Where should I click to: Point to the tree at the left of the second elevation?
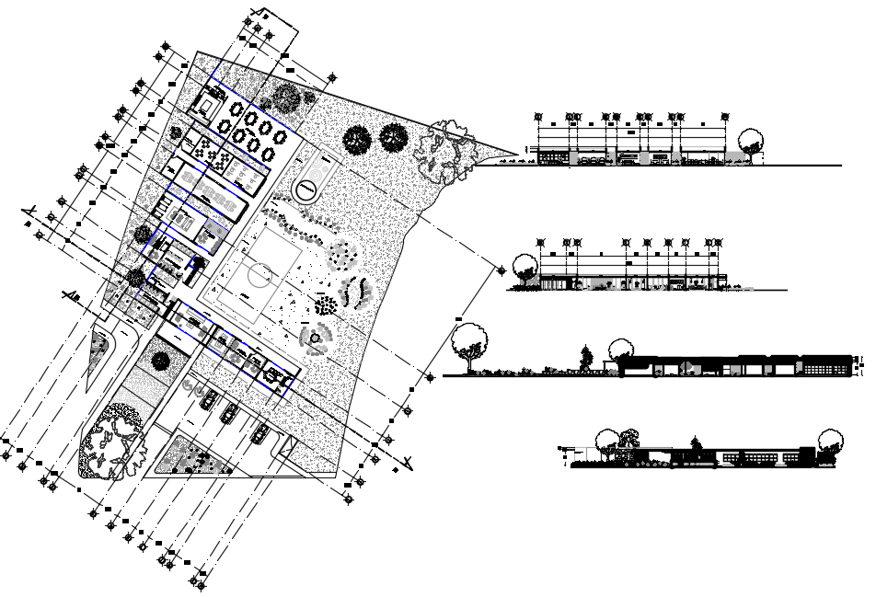524,267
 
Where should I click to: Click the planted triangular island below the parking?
189,456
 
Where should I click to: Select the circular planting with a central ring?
316,339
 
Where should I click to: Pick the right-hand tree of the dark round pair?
394,138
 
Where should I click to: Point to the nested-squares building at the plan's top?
209,104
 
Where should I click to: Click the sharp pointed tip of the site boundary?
516,154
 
